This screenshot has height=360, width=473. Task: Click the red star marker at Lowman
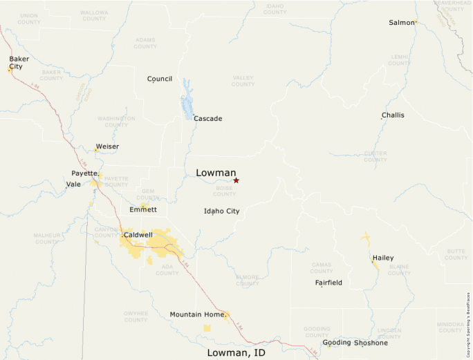tap(236, 180)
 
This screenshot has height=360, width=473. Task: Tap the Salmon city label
tap(401, 23)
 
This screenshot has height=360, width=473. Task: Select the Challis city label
tap(393, 115)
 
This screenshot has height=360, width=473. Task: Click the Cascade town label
tap(207, 119)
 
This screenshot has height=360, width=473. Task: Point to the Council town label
tap(160, 79)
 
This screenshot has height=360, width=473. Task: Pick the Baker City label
tap(19, 63)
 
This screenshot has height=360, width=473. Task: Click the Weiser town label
tap(107, 146)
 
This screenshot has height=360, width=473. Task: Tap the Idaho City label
tap(221, 211)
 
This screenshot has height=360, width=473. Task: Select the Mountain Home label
tap(197, 314)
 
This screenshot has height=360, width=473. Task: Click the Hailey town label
tap(383, 258)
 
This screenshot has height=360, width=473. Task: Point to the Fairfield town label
tap(328, 283)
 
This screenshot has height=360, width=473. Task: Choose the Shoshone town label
tap(371, 343)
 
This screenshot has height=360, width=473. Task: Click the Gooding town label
tap(337, 343)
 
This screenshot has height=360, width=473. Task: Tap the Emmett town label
tap(143, 209)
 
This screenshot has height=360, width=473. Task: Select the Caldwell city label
tap(138, 235)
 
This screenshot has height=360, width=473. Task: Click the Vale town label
tap(73, 184)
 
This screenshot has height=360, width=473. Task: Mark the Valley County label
tap(243, 81)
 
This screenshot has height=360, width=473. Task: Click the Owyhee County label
tap(136, 316)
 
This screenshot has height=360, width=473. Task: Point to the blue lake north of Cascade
tap(186, 100)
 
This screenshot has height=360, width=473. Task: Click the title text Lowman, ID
tap(236, 353)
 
